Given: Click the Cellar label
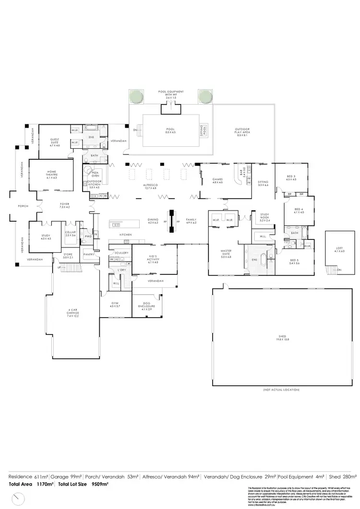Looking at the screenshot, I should pyautogui.click(x=71, y=234).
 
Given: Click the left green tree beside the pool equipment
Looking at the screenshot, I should pyautogui.click(x=135, y=97).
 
